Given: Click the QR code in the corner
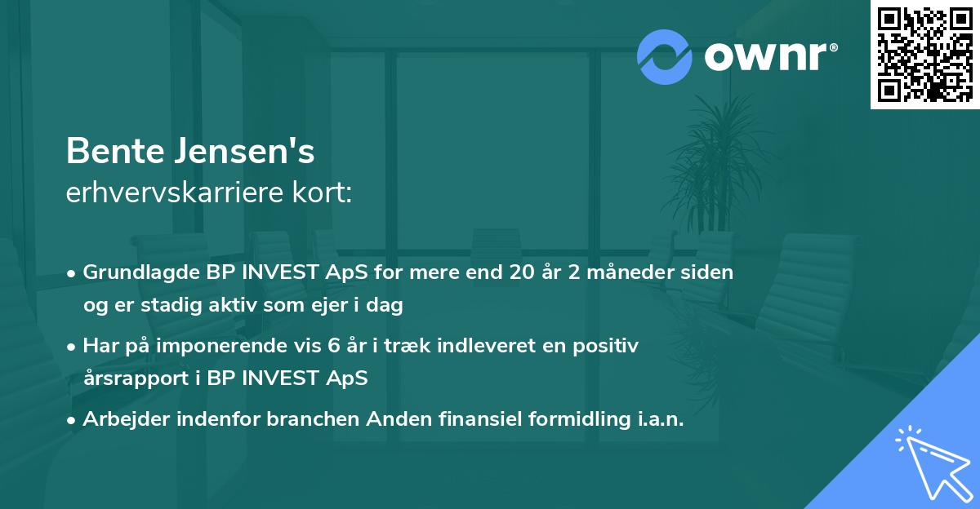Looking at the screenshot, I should click(924, 55).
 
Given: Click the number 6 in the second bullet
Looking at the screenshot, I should click(332, 346).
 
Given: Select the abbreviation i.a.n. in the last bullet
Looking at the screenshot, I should click(654, 419).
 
